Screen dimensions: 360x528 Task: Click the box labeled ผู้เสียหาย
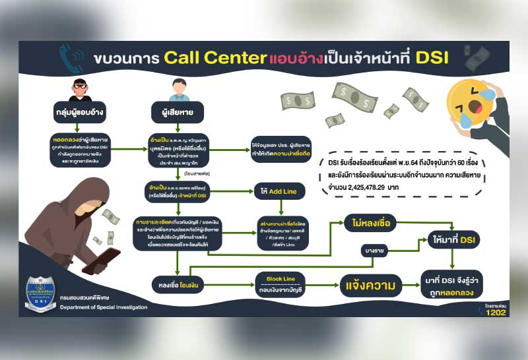(x=175, y=111)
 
